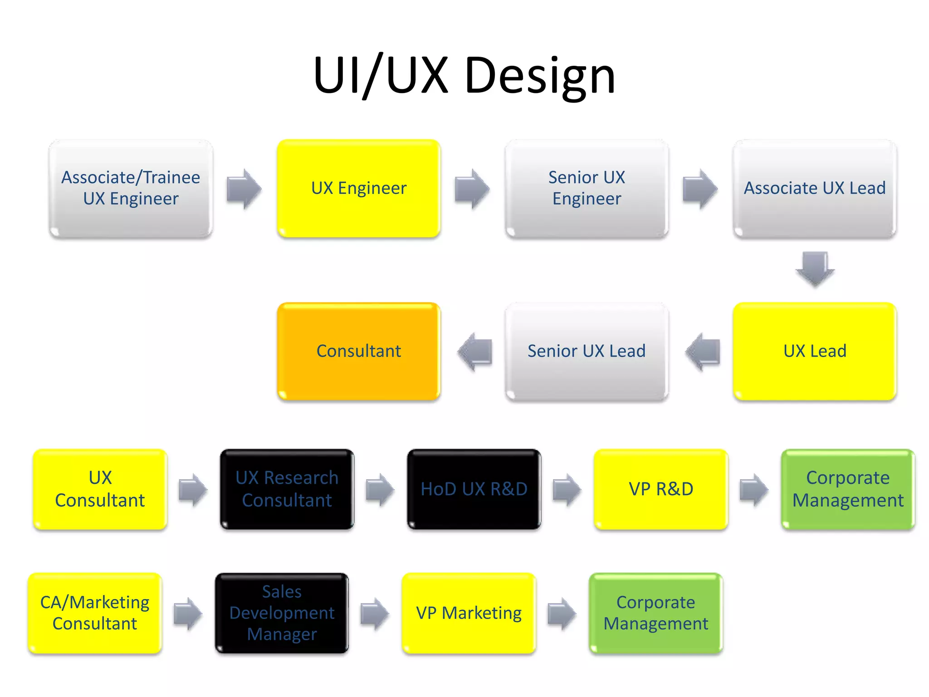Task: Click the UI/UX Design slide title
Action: tap(464, 75)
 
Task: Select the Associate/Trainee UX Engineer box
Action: tap(131, 188)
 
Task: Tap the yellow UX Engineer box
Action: tap(359, 188)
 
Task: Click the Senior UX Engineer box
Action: tap(587, 188)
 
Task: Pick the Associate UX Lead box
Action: tap(815, 188)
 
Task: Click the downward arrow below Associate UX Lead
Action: tap(815, 269)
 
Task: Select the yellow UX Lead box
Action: tap(815, 351)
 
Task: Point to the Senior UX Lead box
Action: tap(587, 351)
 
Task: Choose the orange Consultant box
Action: tap(359, 351)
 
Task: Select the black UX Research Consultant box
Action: tap(287, 489)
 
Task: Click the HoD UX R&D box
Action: tap(474, 489)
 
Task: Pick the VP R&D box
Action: tap(661, 489)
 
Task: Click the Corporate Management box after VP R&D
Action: tap(848, 489)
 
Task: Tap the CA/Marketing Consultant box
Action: tap(95, 613)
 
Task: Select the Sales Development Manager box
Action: tap(282, 613)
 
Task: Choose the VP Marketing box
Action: tap(469, 613)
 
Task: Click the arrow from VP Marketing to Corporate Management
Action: tap(562, 614)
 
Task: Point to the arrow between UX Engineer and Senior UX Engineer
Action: tap(472, 189)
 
